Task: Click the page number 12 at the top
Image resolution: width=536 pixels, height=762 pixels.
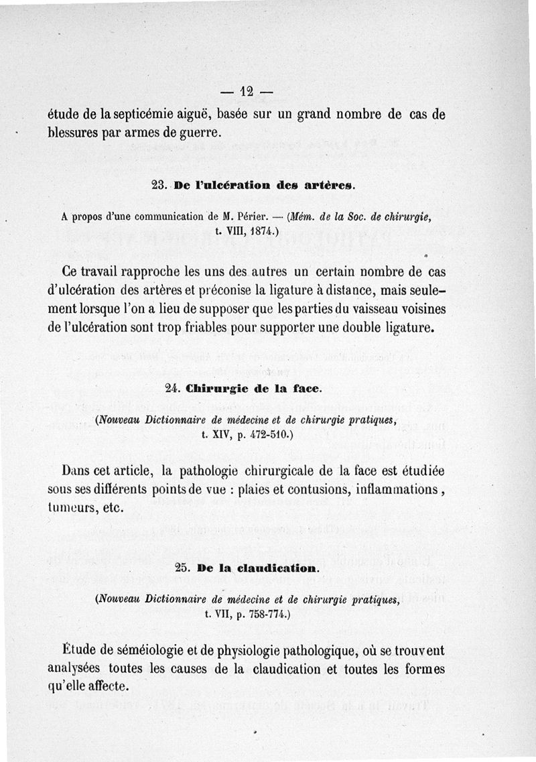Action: pyautogui.click(x=247, y=90)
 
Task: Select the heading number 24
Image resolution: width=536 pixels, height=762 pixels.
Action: pyautogui.click(x=173, y=388)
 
